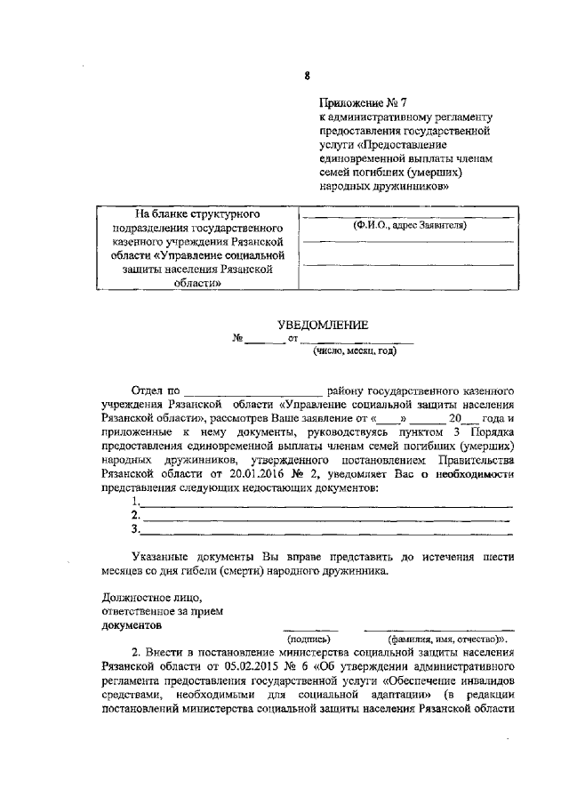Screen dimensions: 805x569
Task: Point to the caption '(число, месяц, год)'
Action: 354,351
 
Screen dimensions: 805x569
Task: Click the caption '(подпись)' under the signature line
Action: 309,638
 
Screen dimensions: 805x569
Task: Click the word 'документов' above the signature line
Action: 131,624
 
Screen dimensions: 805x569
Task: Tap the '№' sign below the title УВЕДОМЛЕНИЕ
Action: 237,340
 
